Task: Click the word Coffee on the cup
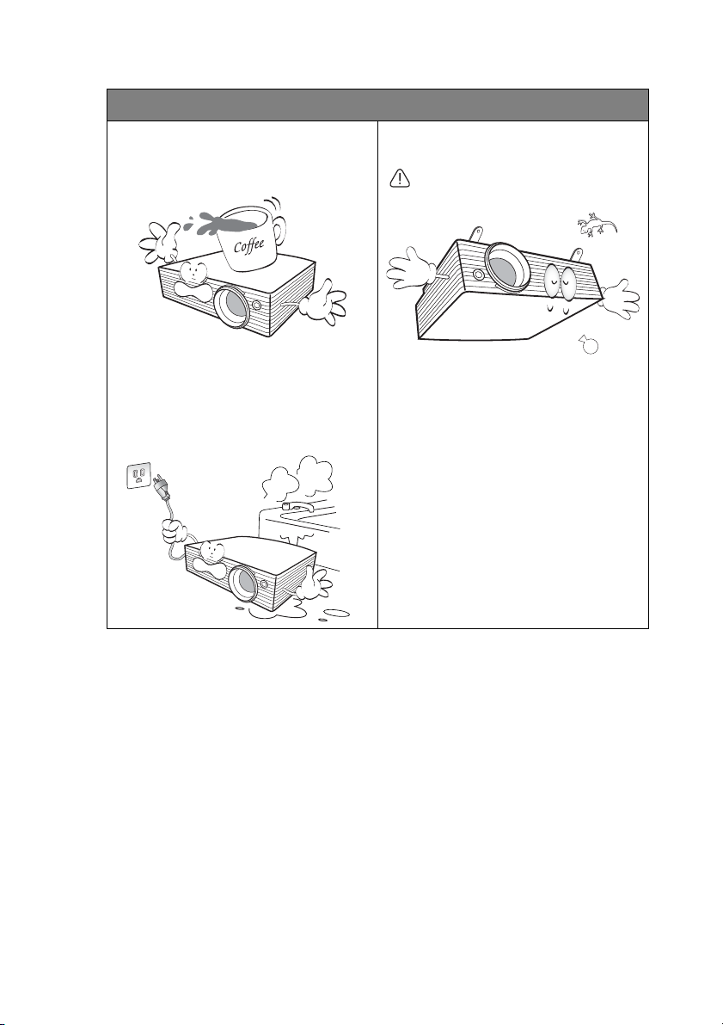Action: pyautogui.click(x=248, y=245)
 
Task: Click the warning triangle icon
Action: pyautogui.click(x=399, y=177)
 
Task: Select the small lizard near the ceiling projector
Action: pyautogui.click(x=597, y=225)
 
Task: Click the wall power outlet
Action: pyautogui.click(x=138, y=475)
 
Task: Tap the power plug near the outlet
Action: pyautogui.click(x=161, y=485)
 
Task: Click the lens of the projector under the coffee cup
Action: pyautogui.click(x=232, y=306)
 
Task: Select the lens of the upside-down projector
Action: pyautogui.click(x=507, y=267)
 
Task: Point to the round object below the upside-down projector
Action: pyautogui.click(x=589, y=344)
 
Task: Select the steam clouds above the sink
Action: pyautogui.click(x=298, y=479)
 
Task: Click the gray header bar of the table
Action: pyautogui.click(x=377, y=105)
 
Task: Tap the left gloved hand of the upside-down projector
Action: pyautogui.click(x=411, y=268)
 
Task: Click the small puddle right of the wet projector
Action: pyautogui.click(x=336, y=613)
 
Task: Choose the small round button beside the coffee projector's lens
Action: pyautogui.click(x=257, y=305)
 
